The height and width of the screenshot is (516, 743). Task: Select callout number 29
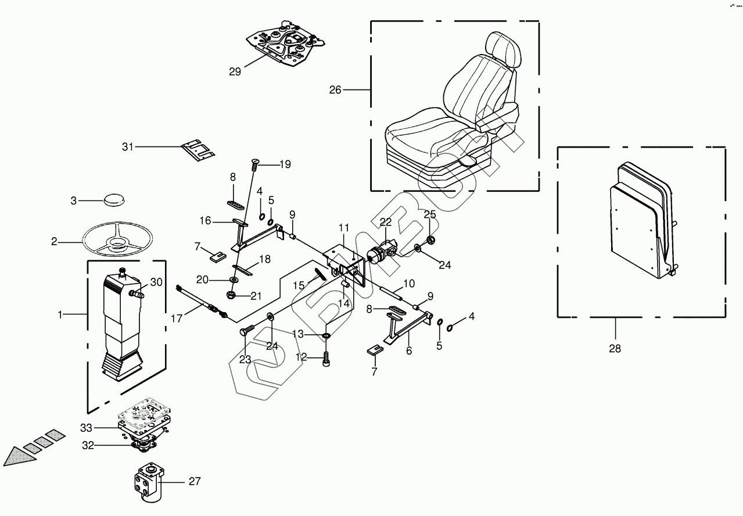coord(235,72)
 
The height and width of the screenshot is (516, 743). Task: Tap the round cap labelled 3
coord(113,200)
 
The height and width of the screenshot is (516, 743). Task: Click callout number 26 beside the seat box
coord(335,90)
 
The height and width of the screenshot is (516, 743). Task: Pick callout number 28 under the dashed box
coord(615,349)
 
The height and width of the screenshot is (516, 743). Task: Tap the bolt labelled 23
coord(246,332)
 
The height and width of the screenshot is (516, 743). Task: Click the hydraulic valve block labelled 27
coord(149,482)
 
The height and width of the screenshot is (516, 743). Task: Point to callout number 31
coord(128,146)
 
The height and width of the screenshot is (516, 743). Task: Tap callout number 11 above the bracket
coord(344,227)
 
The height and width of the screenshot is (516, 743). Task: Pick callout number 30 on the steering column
coord(156,282)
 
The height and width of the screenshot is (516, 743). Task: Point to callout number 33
coord(87,428)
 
